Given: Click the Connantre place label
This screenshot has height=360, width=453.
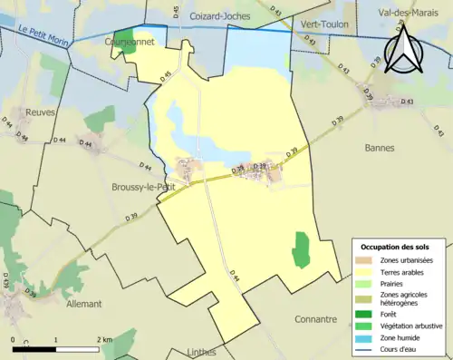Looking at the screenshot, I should click(322, 319).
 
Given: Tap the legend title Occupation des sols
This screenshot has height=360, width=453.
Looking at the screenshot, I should click(395, 247).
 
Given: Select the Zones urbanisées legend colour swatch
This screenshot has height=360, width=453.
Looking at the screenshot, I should click(361, 260).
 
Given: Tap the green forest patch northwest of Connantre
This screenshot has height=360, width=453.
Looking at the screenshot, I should click(301, 249).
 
